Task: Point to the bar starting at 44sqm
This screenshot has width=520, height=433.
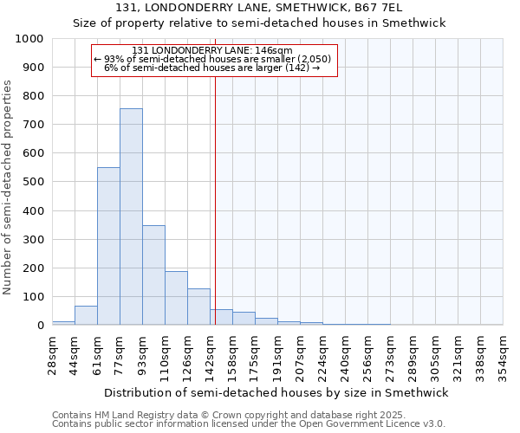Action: click(86, 315)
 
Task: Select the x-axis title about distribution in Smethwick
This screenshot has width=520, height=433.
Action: click(275, 392)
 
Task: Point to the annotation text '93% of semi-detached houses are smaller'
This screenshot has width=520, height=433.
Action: click(211, 59)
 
